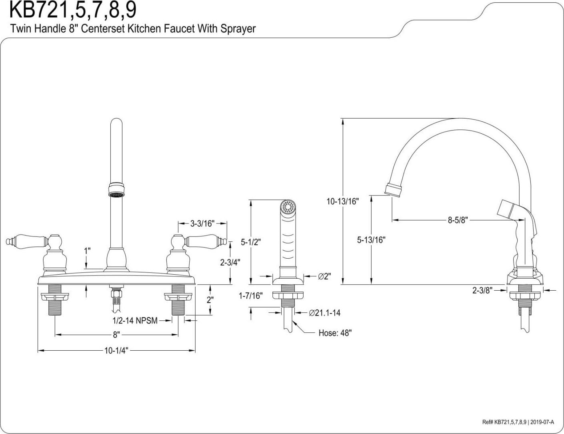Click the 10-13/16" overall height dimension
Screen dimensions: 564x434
[342, 201]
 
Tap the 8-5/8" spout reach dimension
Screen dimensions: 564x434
[458, 220]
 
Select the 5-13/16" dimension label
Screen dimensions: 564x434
[371, 240]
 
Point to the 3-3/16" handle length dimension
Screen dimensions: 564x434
[202, 223]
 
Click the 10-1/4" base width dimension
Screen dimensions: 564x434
[116, 351]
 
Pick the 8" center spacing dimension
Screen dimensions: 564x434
[116, 335]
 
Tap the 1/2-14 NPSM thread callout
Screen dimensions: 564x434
[135, 321]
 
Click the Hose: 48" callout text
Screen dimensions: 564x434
[335, 333]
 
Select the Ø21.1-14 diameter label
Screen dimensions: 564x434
[324, 313]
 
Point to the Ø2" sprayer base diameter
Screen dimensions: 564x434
[324, 276]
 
